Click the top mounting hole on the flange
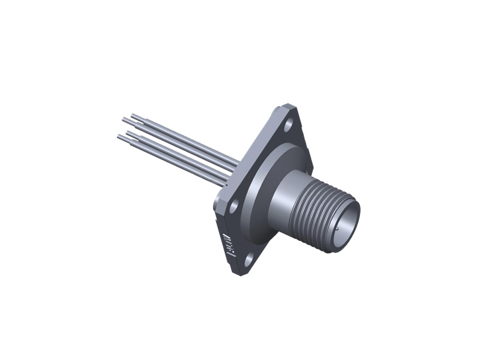coord(289,125)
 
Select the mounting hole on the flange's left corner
coord(234,205)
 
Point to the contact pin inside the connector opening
coord(337,229)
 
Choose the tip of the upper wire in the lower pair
coord(128,132)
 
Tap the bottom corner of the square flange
coord(240,273)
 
